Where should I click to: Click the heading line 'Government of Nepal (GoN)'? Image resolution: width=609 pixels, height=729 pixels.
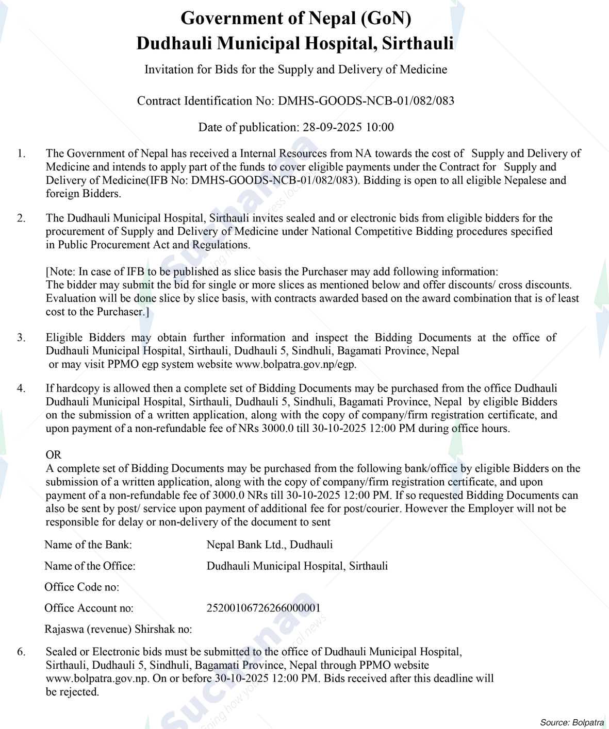295,19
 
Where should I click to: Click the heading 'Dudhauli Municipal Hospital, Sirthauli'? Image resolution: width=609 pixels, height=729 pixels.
295,43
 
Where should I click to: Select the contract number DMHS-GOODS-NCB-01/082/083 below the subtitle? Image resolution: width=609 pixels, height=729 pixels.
366,101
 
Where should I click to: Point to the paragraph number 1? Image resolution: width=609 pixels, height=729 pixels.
21,154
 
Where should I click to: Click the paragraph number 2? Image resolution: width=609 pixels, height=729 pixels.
21,218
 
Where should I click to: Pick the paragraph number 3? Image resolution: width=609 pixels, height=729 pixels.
21,338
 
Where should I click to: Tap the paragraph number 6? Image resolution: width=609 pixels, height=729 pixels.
21,652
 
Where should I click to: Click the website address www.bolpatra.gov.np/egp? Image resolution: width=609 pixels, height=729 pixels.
295,365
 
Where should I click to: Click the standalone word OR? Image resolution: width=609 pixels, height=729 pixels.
53,455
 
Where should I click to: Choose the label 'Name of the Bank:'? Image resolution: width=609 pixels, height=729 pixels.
88,545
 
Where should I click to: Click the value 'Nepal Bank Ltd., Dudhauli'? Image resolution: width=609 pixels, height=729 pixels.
269,545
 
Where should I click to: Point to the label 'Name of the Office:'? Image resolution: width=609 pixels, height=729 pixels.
90,566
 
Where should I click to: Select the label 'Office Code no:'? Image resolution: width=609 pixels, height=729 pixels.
81,587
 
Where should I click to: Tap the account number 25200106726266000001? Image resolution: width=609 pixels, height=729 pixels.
263,608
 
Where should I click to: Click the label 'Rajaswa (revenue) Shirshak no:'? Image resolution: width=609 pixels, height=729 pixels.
118,630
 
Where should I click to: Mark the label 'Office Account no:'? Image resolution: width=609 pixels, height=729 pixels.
89,608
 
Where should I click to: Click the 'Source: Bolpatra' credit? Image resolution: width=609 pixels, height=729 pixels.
572,722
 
